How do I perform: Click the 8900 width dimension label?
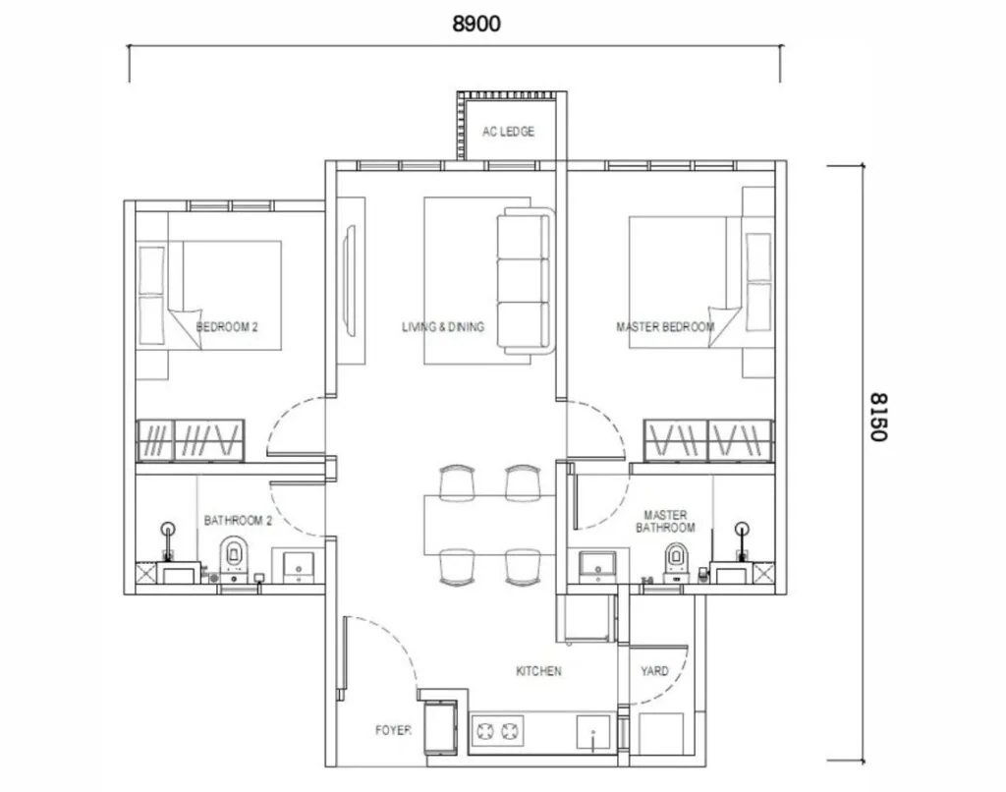476,25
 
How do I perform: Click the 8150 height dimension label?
876,417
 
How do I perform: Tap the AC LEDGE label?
508,132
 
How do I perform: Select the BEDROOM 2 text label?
227,327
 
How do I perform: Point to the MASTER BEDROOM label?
664,327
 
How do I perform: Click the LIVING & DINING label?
443,327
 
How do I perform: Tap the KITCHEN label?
539,671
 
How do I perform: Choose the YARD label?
654,671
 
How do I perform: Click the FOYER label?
393,731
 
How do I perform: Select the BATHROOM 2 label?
234,520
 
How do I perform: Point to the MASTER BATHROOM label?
664,521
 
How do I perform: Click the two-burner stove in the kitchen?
497,730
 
